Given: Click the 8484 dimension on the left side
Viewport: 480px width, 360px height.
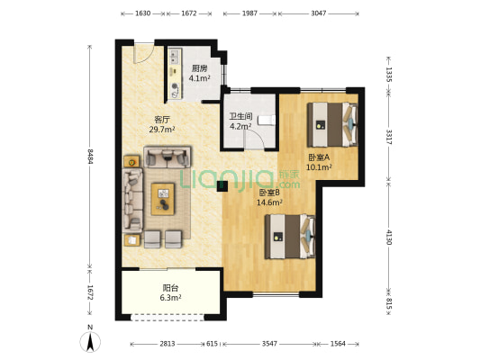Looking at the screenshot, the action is point(90,157).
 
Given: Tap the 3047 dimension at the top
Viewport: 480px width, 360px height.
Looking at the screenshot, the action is point(319,13).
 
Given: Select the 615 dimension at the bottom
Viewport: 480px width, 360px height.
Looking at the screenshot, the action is point(212,344).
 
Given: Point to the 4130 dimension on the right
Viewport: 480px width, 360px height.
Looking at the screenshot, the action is point(389,237).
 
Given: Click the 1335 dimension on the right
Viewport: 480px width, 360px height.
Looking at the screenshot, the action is point(388,75).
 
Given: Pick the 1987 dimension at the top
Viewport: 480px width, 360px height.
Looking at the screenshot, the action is point(249,13).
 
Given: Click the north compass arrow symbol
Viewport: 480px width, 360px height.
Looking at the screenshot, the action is point(90,341).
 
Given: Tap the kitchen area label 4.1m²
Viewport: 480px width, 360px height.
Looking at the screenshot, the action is point(200,78).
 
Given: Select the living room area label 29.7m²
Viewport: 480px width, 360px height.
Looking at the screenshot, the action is point(162,130).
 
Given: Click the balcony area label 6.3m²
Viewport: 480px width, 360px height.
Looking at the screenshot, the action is point(170,297).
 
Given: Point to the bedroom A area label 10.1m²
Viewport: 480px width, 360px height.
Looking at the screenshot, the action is point(320,167).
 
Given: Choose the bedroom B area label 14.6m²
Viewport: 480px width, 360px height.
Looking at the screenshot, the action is point(269,202).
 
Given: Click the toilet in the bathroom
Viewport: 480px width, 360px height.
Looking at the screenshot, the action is point(267,120).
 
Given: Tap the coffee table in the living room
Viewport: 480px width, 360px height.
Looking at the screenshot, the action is point(163,199).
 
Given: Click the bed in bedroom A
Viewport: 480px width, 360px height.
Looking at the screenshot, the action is point(332,124).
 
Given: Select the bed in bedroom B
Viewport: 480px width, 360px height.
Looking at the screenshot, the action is point(290,237).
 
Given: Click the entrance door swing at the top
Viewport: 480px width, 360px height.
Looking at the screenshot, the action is point(144,52).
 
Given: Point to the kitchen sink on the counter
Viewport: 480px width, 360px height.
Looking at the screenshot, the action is point(175,57).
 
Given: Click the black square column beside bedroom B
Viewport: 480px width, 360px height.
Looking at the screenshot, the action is point(222,186).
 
